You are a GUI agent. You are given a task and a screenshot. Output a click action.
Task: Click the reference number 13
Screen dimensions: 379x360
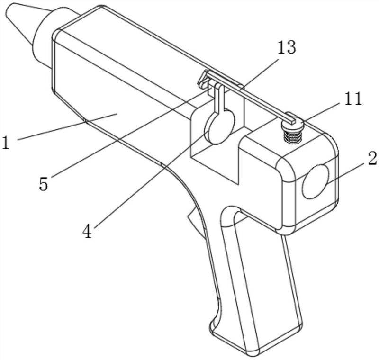(x=287, y=47)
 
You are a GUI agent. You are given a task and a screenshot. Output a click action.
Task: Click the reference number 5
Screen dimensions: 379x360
(x=44, y=184)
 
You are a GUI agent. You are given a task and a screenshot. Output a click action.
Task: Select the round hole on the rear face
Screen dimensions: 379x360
(x=316, y=181)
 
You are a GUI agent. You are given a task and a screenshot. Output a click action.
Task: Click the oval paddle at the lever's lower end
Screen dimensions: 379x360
(x=219, y=127)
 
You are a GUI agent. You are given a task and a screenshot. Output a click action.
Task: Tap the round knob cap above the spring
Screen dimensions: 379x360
(x=292, y=124)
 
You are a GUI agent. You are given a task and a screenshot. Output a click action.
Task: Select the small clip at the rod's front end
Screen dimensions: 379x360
(x=204, y=80)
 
